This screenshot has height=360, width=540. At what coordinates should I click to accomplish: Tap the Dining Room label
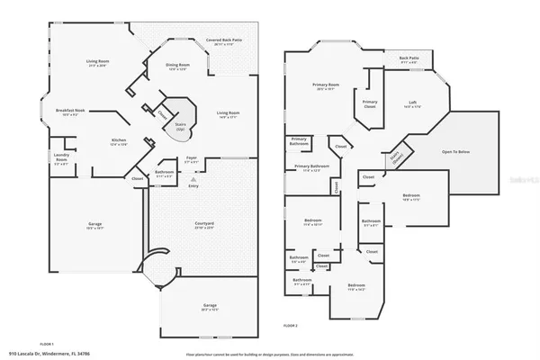(x=177, y=66)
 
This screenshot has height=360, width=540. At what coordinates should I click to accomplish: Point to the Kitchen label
(x=118, y=141)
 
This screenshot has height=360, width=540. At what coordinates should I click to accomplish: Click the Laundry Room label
(x=61, y=159)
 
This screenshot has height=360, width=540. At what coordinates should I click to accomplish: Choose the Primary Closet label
(x=370, y=104)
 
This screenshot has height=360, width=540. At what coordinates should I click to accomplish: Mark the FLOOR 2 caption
(x=290, y=325)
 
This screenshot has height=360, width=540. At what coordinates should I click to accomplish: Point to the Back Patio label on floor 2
(x=409, y=59)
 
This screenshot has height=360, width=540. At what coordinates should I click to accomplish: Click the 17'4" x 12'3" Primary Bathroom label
(x=312, y=168)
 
